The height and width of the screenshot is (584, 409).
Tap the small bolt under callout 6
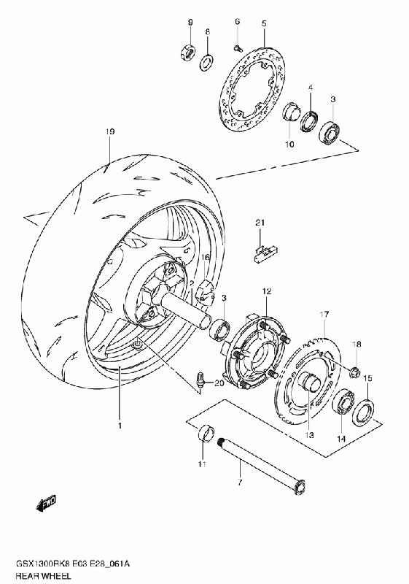click(237, 47)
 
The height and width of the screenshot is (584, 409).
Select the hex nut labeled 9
click(187, 51)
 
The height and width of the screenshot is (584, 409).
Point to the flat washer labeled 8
click(206, 62)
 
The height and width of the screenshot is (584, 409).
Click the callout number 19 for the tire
click(109, 131)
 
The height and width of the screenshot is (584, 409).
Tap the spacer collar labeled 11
click(206, 432)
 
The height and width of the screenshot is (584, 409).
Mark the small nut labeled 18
click(354, 371)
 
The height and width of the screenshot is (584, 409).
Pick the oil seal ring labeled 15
click(363, 412)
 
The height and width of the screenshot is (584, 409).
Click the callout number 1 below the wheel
click(120, 426)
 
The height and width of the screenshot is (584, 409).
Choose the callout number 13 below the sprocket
click(310, 434)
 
